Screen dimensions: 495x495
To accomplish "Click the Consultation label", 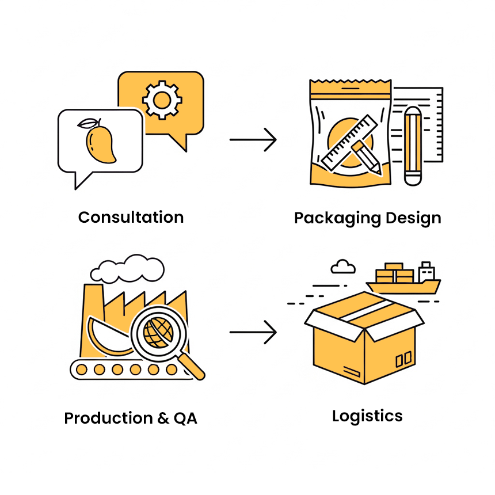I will pos(131,218).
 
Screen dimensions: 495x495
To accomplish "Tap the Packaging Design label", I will pos(367,219).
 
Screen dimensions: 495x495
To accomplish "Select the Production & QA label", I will pos(131,418).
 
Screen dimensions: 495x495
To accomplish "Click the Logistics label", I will pos(367,416).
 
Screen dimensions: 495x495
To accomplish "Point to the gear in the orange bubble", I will pos(162,100).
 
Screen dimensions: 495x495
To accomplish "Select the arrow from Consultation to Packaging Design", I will pos(253,140).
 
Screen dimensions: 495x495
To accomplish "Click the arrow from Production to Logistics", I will pos(253,333).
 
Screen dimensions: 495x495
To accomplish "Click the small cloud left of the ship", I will pos(343,266).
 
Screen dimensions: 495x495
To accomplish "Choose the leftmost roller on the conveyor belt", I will pos(82,370).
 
